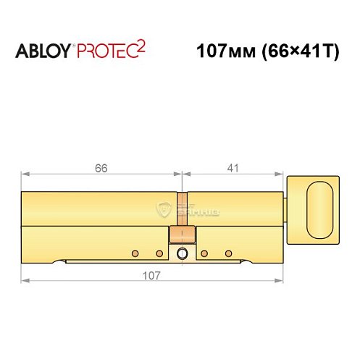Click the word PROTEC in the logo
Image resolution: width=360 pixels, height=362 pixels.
coord(104,52)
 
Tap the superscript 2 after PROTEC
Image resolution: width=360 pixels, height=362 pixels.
coord(141,46)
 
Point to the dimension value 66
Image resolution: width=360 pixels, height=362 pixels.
coord(101,167)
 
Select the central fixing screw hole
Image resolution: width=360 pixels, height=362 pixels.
coord(181,253)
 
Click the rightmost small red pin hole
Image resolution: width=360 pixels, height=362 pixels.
coord(229,253)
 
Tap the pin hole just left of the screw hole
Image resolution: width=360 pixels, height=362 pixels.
coord(159,253)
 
